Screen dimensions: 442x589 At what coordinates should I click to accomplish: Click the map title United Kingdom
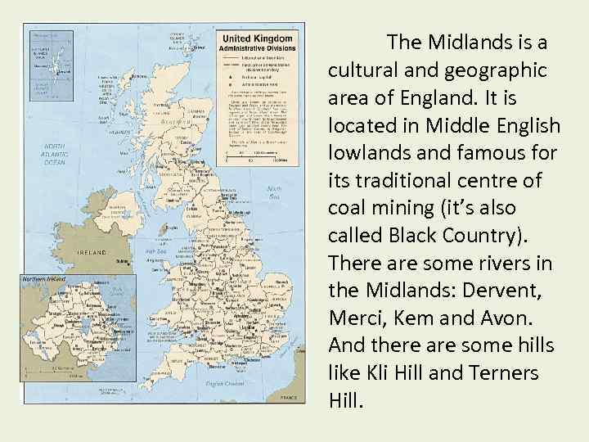click(x=257, y=38)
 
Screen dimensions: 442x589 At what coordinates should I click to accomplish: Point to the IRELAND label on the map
click(x=92, y=253)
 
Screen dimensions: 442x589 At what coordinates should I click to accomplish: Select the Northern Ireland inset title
click(x=45, y=280)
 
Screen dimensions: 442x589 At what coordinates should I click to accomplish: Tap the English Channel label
click(x=226, y=383)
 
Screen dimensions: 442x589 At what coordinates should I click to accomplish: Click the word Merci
click(x=353, y=319)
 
